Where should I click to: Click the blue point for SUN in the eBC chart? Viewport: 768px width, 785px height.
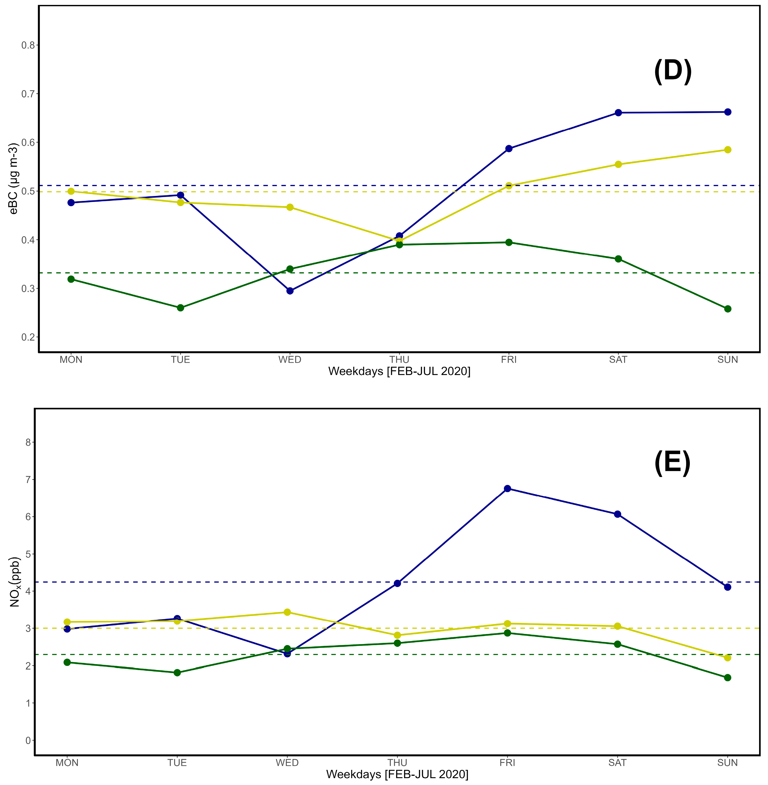click(728, 112)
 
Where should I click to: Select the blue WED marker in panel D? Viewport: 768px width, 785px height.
click(290, 291)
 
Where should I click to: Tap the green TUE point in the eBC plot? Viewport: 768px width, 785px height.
click(180, 308)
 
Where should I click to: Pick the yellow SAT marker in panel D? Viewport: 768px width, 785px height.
click(618, 165)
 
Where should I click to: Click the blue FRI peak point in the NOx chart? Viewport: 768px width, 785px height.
click(507, 489)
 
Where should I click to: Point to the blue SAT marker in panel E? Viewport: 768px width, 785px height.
click(617, 514)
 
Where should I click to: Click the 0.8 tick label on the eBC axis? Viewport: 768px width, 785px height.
click(28, 45)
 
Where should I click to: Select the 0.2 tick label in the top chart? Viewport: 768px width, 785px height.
click(28, 337)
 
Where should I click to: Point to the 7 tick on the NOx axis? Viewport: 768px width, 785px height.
click(28, 480)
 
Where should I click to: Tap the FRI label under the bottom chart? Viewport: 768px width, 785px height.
click(507, 763)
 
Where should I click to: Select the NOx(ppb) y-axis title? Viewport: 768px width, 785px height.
click(15, 582)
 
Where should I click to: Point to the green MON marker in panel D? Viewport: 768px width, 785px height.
click(71, 279)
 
